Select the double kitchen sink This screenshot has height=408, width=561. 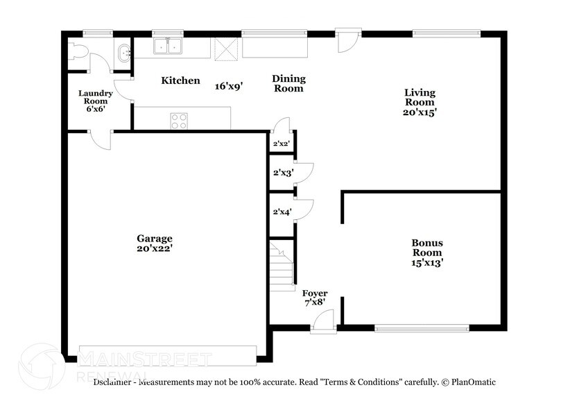(167, 46)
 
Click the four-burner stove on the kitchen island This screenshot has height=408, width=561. (179, 120)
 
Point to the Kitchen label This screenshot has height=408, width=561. (180, 81)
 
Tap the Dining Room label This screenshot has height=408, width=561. (288, 83)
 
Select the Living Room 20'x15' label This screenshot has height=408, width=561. (420, 102)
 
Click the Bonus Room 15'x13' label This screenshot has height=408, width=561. (427, 253)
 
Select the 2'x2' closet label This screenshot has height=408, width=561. (282, 144)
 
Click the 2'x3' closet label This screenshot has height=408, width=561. (282, 173)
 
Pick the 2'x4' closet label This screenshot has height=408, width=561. (282, 211)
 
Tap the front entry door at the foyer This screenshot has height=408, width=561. (322, 323)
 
